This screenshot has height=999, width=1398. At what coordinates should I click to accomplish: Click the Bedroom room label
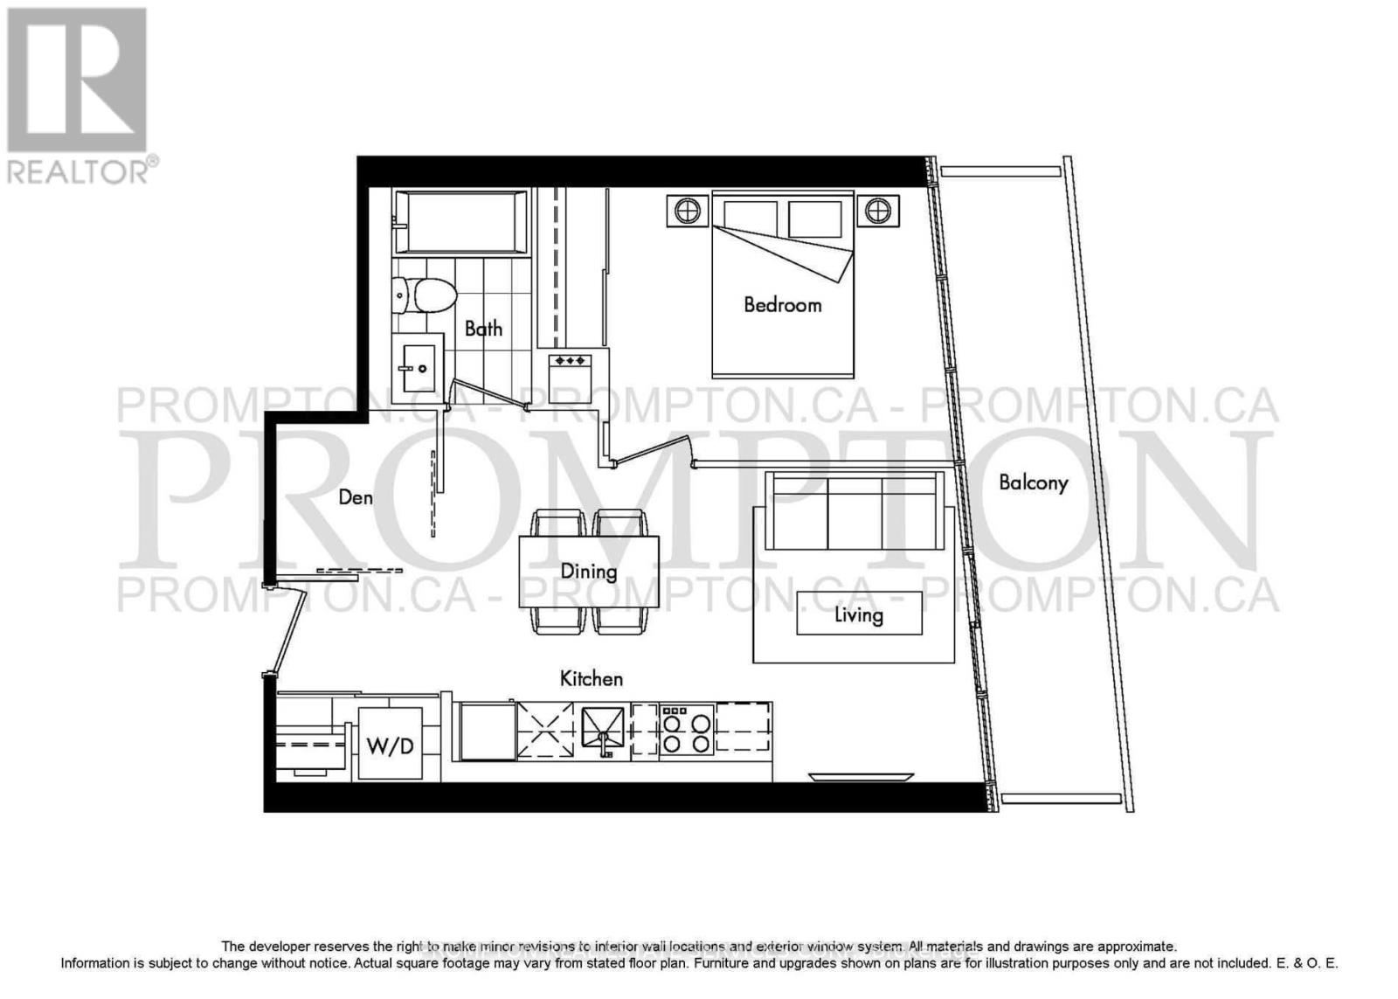pyautogui.click(x=782, y=304)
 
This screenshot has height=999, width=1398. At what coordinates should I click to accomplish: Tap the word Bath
pyautogui.click(x=483, y=329)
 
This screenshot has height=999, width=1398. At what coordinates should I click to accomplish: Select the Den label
pyautogui.click(x=356, y=497)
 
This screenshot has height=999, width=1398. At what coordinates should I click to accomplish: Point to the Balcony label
pyautogui.click(x=1033, y=482)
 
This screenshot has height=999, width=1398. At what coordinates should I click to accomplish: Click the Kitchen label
pyautogui.click(x=592, y=678)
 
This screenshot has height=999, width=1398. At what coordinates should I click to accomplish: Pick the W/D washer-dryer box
pyautogui.click(x=390, y=745)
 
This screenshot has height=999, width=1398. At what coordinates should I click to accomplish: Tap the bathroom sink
pyautogui.click(x=418, y=368)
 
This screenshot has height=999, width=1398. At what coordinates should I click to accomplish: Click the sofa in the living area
pyautogui.click(x=854, y=510)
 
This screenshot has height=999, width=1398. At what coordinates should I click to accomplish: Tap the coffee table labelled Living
pyautogui.click(x=859, y=614)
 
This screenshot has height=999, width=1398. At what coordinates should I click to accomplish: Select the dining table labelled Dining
pyautogui.click(x=589, y=572)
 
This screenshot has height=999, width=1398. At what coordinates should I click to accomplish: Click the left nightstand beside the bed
pyautogui.click(x=688, y=211)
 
